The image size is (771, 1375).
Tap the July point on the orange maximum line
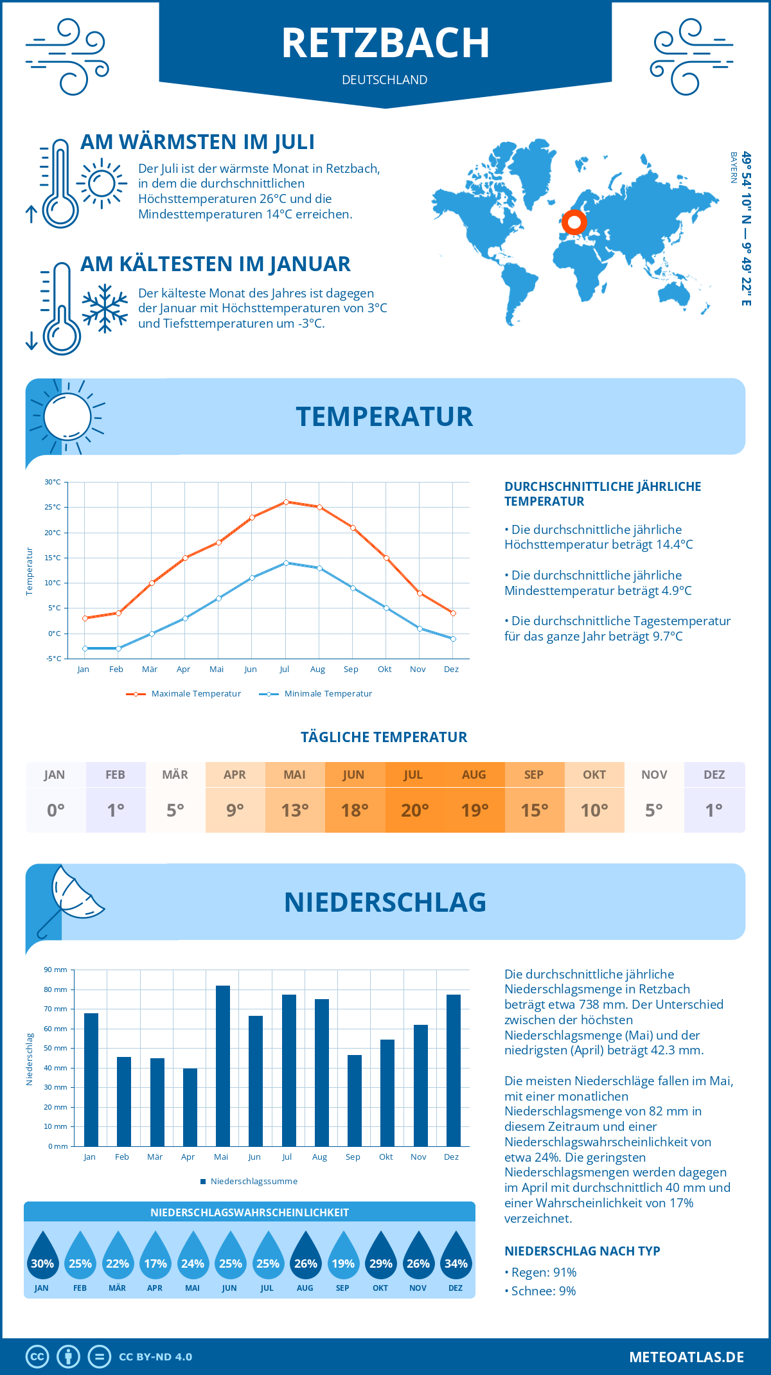click(286, 502)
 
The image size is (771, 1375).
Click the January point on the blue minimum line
click(85, 648)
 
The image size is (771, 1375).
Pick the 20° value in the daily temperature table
click(414, 810)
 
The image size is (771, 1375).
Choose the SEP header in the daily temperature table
click(534, 775)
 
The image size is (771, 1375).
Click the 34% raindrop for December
click(456, 1255)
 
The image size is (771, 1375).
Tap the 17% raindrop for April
click(155, 1255)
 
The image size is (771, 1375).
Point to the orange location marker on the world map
click(574, 223)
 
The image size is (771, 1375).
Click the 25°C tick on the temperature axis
click(53, 507)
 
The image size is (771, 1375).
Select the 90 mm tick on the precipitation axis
click(55, 970)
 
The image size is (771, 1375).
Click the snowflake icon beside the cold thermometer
click(105, 308)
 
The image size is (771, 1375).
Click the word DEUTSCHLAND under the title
click(384, 80)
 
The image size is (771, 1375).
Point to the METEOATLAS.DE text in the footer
click(686, 1357)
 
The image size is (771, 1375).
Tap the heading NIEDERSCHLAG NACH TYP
click(582, 1251)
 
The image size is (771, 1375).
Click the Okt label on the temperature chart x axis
click(384, 670)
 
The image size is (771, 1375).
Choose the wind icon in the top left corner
click(67, 57)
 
